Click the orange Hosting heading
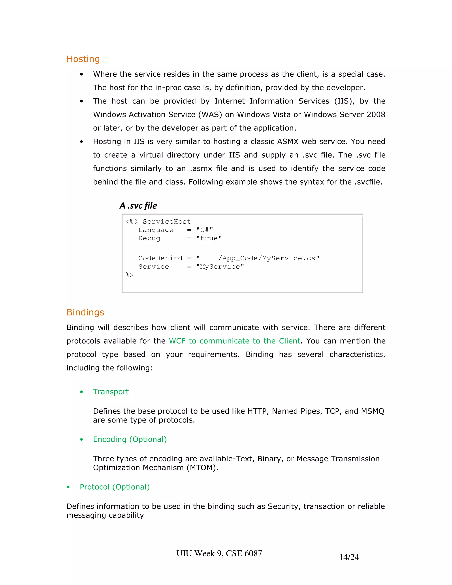point(83,59)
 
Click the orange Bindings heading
point(85,312)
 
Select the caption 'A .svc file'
point(138,206)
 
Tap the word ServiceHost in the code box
point(167,221)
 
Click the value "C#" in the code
point(204,230)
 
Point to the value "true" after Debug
point(209,238)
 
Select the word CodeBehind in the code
point(160,258)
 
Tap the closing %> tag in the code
point(129,275)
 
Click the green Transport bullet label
point(111,392)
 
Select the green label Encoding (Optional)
point(130,439)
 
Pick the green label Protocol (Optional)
point(115,487)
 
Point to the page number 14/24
point(349,557)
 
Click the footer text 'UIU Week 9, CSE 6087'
point(219,553)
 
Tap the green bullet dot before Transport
point(81,392)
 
